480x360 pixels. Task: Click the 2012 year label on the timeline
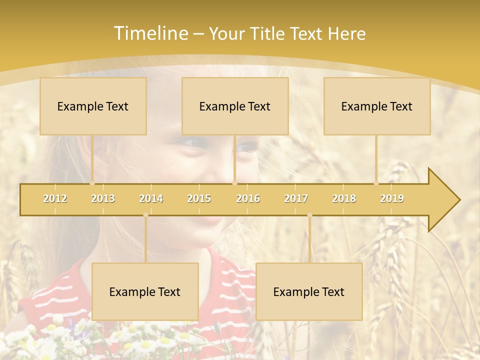pyautogui.click(x=55, y=198)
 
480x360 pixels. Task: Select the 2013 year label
pyautogui.click(x=103, y=198)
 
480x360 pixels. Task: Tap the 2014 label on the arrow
pyautogui.click(x=151, y=198)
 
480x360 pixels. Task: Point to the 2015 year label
pyautogui.click(x=199, y=198)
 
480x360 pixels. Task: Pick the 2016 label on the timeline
pyautogui.click(x=248, y=198)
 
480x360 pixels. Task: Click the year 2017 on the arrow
pyautogui.click(x=296, y=198)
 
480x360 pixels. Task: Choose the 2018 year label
pyautogui.click(x=344, y=198)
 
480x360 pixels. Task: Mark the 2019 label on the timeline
pyautogui.click(x=392, y=198)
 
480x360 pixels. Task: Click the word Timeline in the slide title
pyautogui.click(x=150, y=33)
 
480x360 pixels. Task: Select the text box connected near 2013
pyautogui.click(x=93, y=106)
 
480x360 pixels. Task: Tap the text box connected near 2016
pyautogui.click(x=235, y=106)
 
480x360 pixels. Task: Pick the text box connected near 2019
pyautogui.click(x=377, y=106)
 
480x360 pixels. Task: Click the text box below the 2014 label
pyautogui.click(x=145, y=291)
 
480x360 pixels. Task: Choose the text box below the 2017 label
pyautogui.click(x=309, y=291)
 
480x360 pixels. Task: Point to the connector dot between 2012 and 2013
pyautogui.click(x=92, y=183)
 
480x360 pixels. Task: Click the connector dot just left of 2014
pyautogui.click(x=145, y=215)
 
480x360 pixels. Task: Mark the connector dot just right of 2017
pyautogui.click(x=309, y=215)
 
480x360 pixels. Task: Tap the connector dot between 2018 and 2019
pyautogui.click(x=376, y=183)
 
